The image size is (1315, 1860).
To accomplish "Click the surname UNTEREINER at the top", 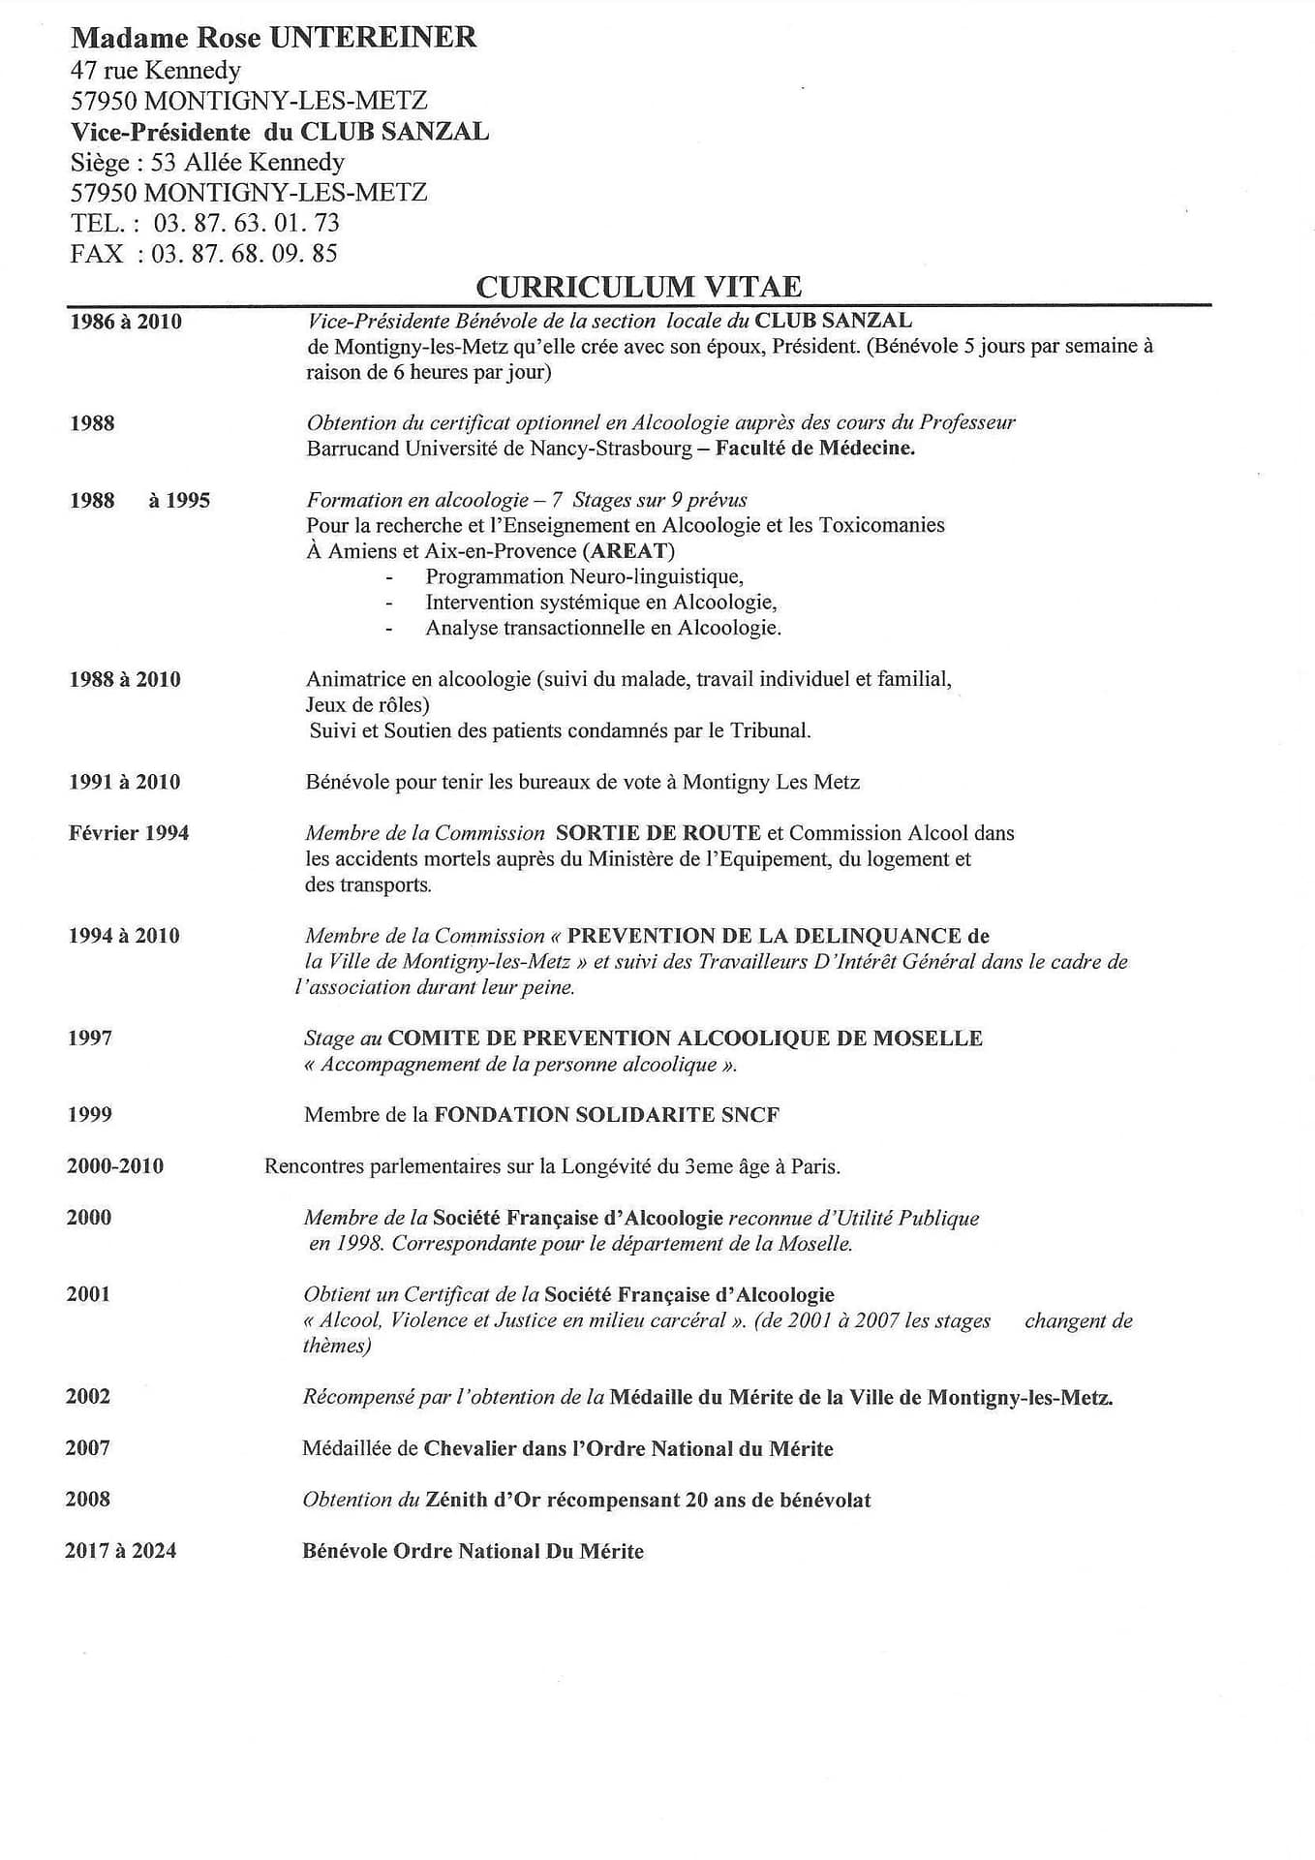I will pyautogui.click(x=373, y=38).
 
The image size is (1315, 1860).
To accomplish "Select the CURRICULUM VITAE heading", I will pyautogui.click(x=638, y=287).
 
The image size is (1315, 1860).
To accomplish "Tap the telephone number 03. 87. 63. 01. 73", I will pyautogui.click(x=247, y=223).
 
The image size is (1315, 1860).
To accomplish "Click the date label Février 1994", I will pyautogui.click(x=129, y=833).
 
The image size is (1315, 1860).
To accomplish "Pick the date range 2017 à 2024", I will pyautogui.click(x=121, y=1550).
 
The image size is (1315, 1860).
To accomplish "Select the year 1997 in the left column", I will pyautogui.click(x=90, y=1038).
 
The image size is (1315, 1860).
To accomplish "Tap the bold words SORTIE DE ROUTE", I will pyautogui.click(x=657, y=833).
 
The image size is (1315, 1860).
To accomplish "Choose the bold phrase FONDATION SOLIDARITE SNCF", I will pyautogui.click(x=606, y=1114).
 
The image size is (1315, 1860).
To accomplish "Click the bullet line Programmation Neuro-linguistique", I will pyautogui.click(x=584, y=576).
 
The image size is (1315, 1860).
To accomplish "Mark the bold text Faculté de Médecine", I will pyautogui.click(x=815, y=449).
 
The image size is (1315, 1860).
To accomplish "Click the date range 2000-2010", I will pyautogui.click(x=115, y=1165).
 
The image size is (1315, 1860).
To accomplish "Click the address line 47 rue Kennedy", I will pyautogui.click(x=156, y=70).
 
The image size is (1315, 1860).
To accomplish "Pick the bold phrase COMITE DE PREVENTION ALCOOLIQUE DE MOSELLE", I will pyautogui.click(x=685, y=1038).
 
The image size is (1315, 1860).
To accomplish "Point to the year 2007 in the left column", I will pyautogui.click(x=88, y=1447).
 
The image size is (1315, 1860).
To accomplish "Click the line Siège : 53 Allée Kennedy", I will pyautogui.click(x=207, y=162).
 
